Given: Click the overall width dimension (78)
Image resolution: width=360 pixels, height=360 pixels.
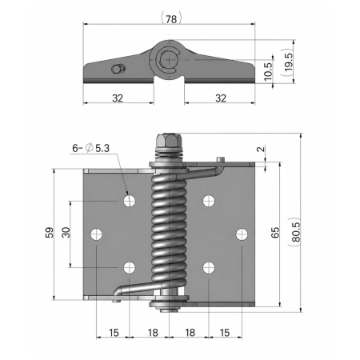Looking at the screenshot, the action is click(171, 19).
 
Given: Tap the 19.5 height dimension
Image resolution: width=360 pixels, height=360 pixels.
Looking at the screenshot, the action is click(288, 62).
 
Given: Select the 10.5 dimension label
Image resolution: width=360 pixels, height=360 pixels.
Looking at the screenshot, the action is click(268, 71).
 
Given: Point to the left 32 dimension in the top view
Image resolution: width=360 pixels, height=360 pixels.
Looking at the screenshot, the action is click(118, 98).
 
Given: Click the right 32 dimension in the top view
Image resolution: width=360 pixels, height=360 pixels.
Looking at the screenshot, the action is click(221, 98).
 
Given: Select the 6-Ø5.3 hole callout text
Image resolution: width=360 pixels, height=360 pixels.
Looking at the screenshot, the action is click(91, 148).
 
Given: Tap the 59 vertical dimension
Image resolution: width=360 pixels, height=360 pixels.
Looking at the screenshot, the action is click(50, 232).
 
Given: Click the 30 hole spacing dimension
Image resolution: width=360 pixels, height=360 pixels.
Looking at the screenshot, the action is click(66, 232).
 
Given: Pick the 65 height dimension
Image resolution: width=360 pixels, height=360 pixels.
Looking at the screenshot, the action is click(275, 232).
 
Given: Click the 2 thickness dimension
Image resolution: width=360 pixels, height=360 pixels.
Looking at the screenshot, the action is click(262, 149).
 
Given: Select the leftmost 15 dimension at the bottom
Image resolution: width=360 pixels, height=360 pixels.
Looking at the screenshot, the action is click(114, 333).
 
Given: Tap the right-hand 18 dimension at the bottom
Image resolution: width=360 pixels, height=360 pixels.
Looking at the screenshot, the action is click(190, 333).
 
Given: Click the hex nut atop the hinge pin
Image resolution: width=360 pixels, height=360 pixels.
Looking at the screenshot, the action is click(169, 140).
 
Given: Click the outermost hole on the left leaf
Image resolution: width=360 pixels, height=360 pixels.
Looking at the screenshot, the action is click(96, 234).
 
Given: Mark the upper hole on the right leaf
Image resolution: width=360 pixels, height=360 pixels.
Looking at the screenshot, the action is click(209, 201).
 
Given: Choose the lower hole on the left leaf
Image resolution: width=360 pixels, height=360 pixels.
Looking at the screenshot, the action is click(130, 268).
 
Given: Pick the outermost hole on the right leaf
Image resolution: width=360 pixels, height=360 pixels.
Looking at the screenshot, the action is click(242, 234).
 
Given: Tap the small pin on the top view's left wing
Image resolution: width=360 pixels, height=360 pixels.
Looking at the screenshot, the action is click(118, 69).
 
